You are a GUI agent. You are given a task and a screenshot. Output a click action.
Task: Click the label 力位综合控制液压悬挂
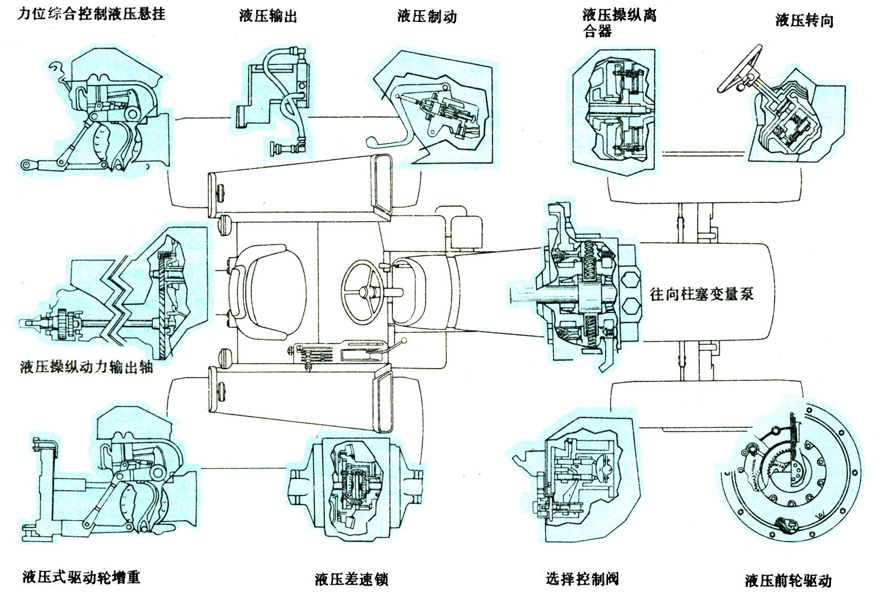point(91,14)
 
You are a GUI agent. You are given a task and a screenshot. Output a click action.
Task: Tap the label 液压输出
point(268,16)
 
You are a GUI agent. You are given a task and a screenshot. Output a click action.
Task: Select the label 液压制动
point(427,16)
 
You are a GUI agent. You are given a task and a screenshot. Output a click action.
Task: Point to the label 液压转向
point(804,20)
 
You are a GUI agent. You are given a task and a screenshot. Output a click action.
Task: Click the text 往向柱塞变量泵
point(702,294)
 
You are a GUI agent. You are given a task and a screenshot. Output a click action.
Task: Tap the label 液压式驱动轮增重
point(81,578)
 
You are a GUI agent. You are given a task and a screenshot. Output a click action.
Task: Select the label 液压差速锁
point(352,579)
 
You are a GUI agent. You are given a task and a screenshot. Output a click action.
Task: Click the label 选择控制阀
point(582,579)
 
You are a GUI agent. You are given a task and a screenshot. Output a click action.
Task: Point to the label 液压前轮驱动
point(788,581)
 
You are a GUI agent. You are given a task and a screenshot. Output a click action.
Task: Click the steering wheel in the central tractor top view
point(363,291)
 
